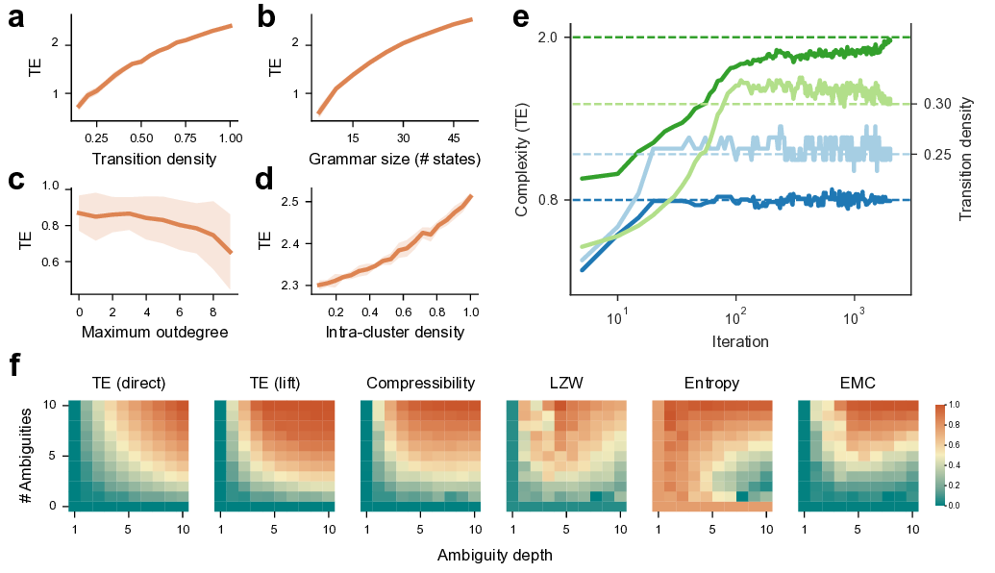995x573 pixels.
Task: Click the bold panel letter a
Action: click(x=16, y=20)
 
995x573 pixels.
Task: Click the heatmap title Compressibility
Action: click(x=420, y=384)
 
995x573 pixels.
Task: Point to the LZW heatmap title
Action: click(x=566, y=384)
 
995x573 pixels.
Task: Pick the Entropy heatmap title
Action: click(x=712, y=384)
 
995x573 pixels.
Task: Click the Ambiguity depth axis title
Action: click(x=494, y=555)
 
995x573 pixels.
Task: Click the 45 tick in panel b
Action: click(x=452, y=124)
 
